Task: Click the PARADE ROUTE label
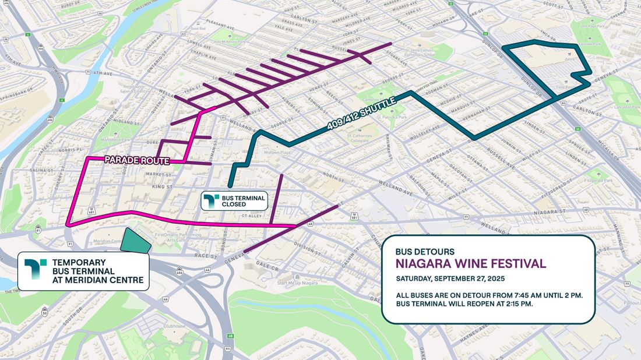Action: click(136, 160)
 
